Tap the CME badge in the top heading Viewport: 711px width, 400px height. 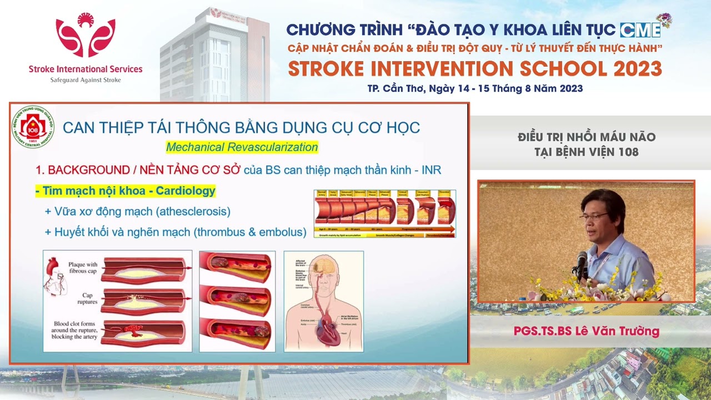pos(640,29)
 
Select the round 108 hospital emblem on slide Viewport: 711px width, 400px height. pos(33,127)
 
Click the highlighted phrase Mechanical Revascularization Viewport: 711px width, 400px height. pos(242,147)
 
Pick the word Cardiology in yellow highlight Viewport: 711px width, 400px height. pos(186,191)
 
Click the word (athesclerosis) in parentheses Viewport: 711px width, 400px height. pos(193,212)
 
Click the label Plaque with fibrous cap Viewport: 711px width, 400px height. pos(83,268)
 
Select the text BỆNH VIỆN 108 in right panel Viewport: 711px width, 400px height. pos(586,152)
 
